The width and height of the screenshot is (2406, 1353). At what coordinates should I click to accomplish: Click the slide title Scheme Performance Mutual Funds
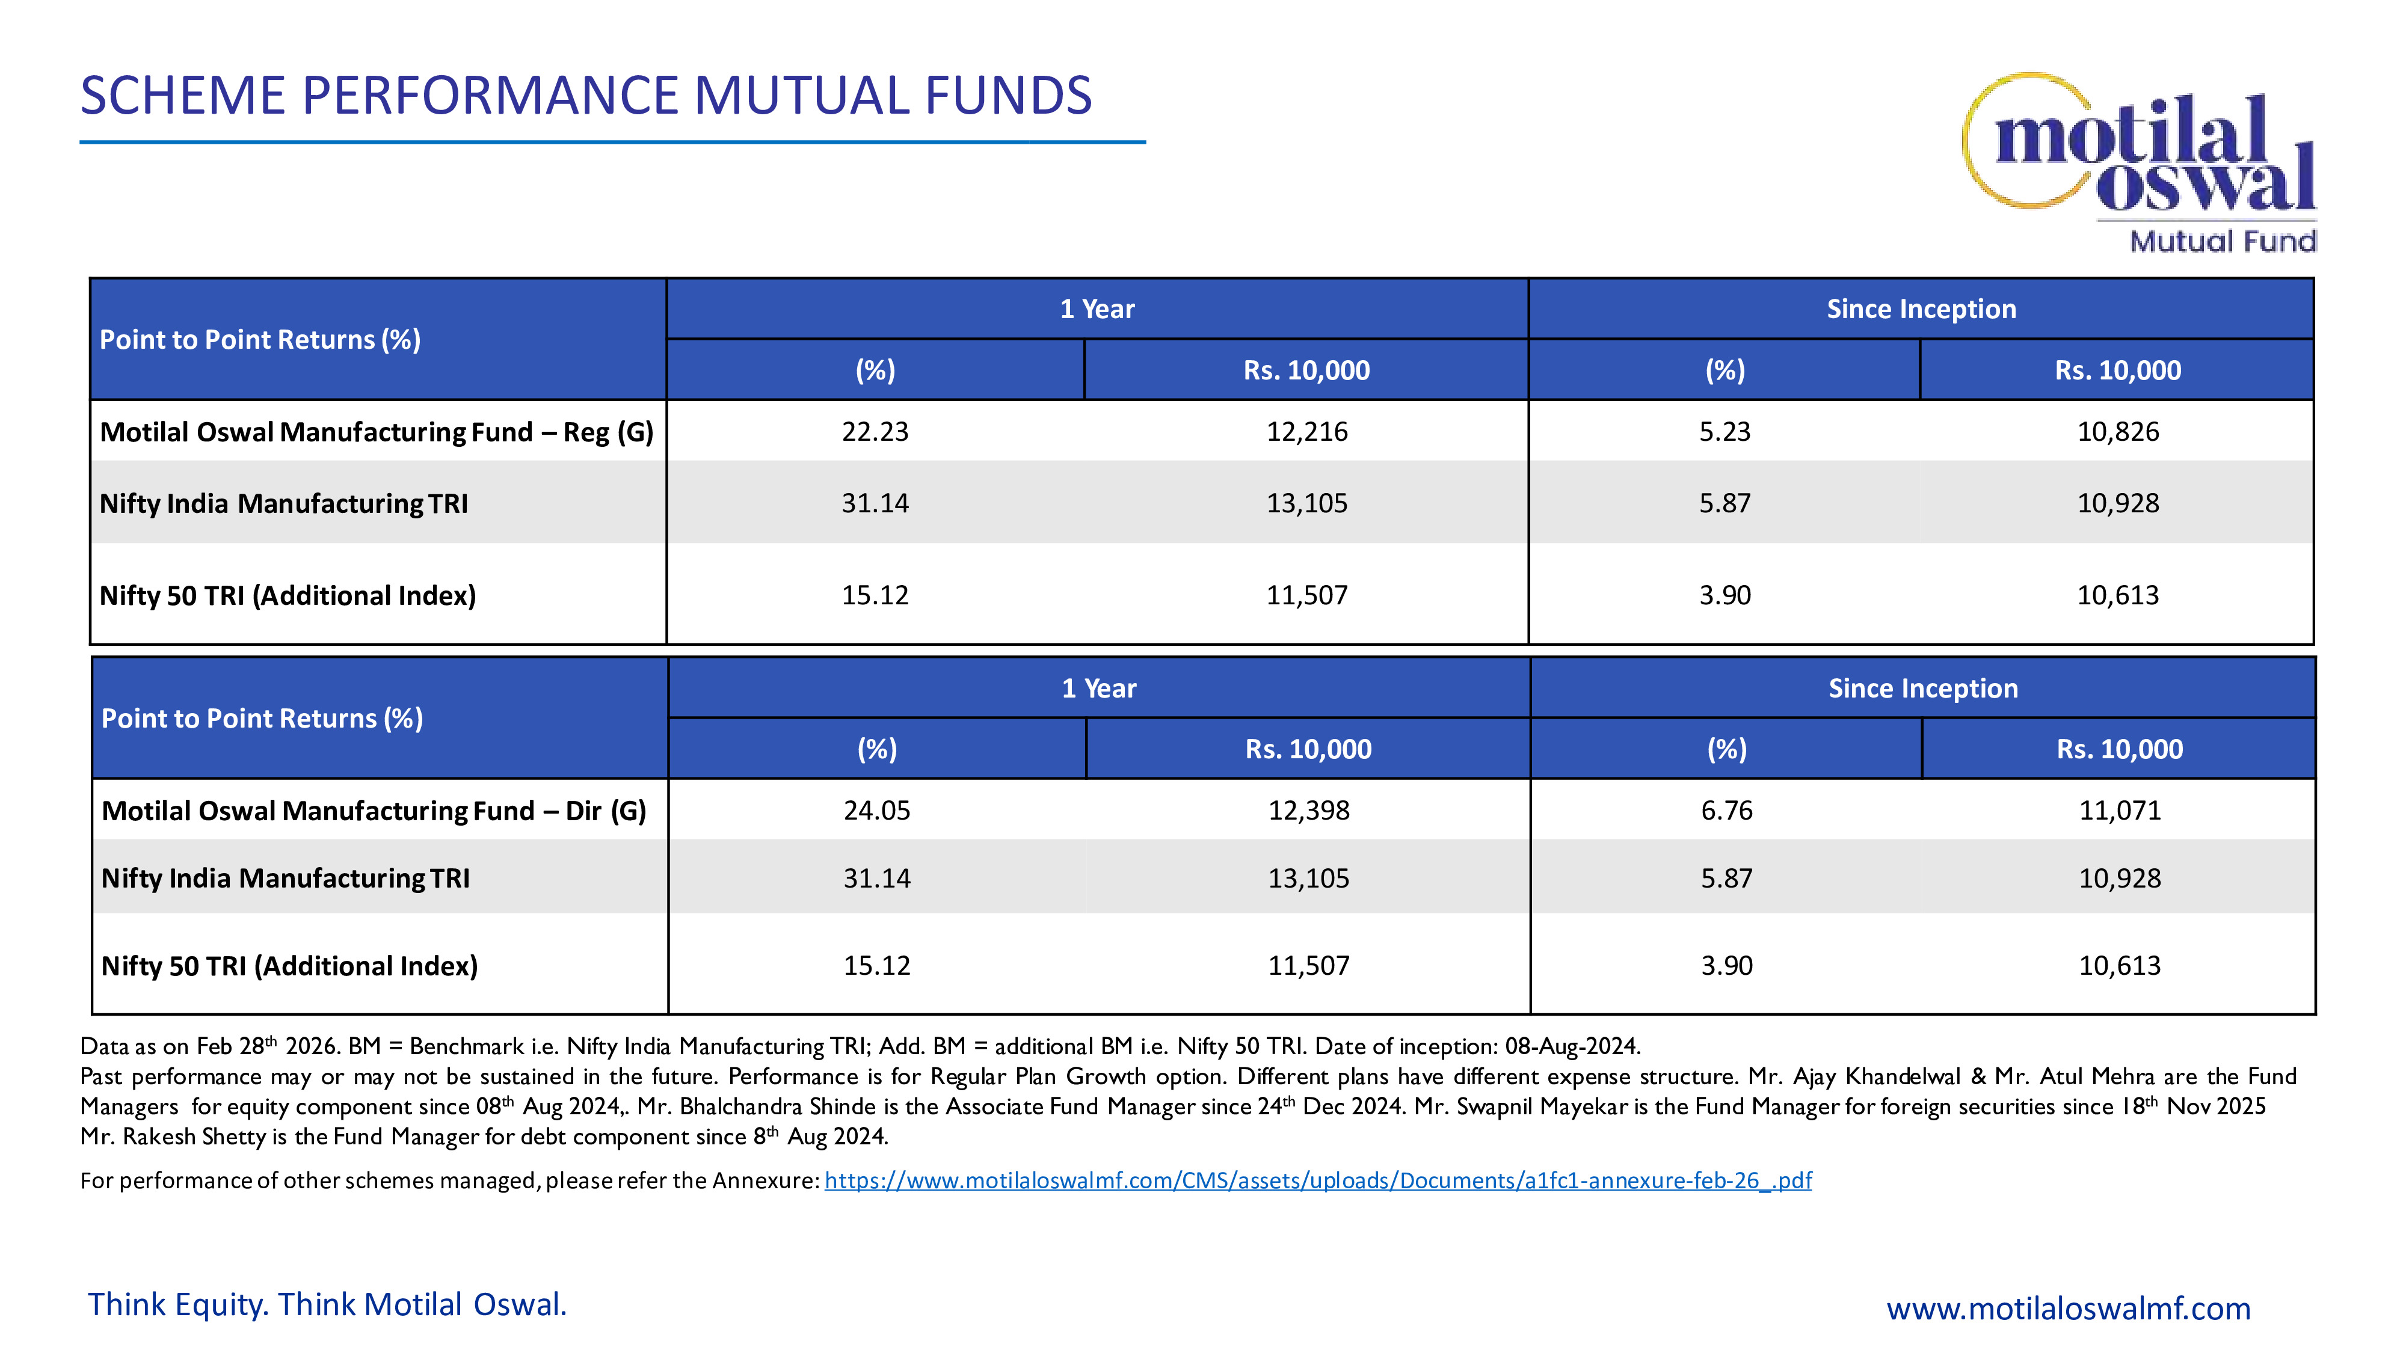tap(586, 96)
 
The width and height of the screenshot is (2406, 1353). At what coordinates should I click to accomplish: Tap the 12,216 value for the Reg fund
tap(1306, 431)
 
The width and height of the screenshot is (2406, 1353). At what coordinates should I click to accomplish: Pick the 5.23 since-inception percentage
tap(1724, 431)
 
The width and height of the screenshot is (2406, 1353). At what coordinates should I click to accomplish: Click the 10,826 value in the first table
tap(2117, 431)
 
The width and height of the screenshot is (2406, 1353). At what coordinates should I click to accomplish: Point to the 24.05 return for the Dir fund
tap(876, 811)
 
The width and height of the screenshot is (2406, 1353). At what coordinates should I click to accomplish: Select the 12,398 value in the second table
tap(1308, 811)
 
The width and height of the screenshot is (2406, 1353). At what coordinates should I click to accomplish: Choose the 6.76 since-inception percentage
tap(1726, 811)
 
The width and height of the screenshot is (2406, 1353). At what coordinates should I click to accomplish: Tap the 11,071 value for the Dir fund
tap(2119, 811)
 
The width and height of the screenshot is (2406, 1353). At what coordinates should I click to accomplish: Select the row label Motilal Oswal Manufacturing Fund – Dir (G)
tap(374, 811)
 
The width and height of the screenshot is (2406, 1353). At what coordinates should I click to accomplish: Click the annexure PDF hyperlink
tap(1317, 1181)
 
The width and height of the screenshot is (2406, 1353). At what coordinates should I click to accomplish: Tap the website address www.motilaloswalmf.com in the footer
tap(2068, 1308)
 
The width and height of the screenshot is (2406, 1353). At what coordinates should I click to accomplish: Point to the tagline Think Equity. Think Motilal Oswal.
tap(327, 1304)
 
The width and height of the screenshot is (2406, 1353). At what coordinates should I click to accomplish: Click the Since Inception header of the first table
tap(1921, 309)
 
